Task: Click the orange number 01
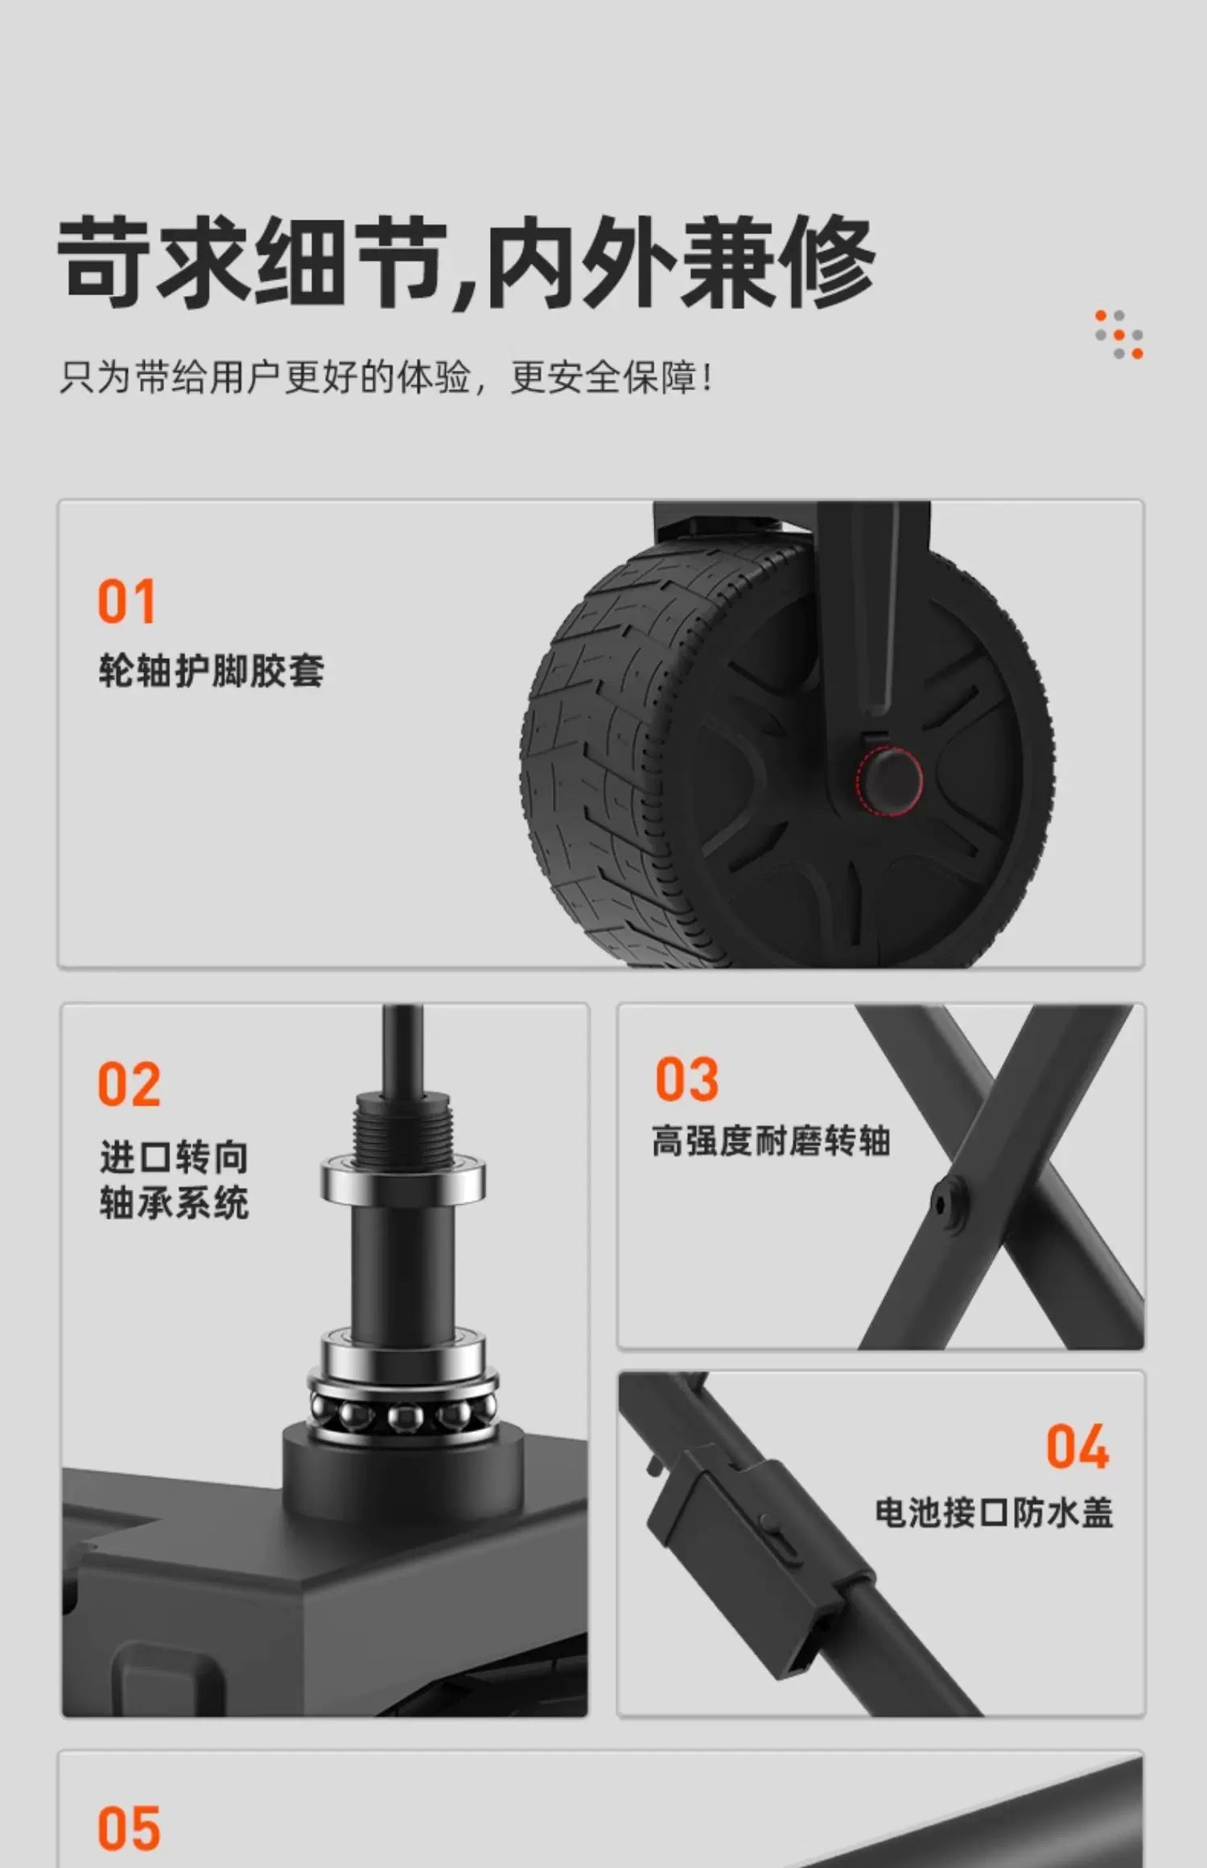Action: coord(126,602)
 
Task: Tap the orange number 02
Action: coord(129,1084)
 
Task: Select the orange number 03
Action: coord(686,1079)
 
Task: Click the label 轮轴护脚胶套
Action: coord(212,671)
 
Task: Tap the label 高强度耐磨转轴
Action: coord(771,1141)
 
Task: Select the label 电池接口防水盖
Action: coord(994,1512)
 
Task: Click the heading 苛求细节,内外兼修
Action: coord(467,262)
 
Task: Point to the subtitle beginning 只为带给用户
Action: coord(386,377)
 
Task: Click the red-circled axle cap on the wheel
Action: coord(888,779)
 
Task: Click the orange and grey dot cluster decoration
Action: coord(1118,334)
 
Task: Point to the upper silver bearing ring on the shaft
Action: coord(403,1179)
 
